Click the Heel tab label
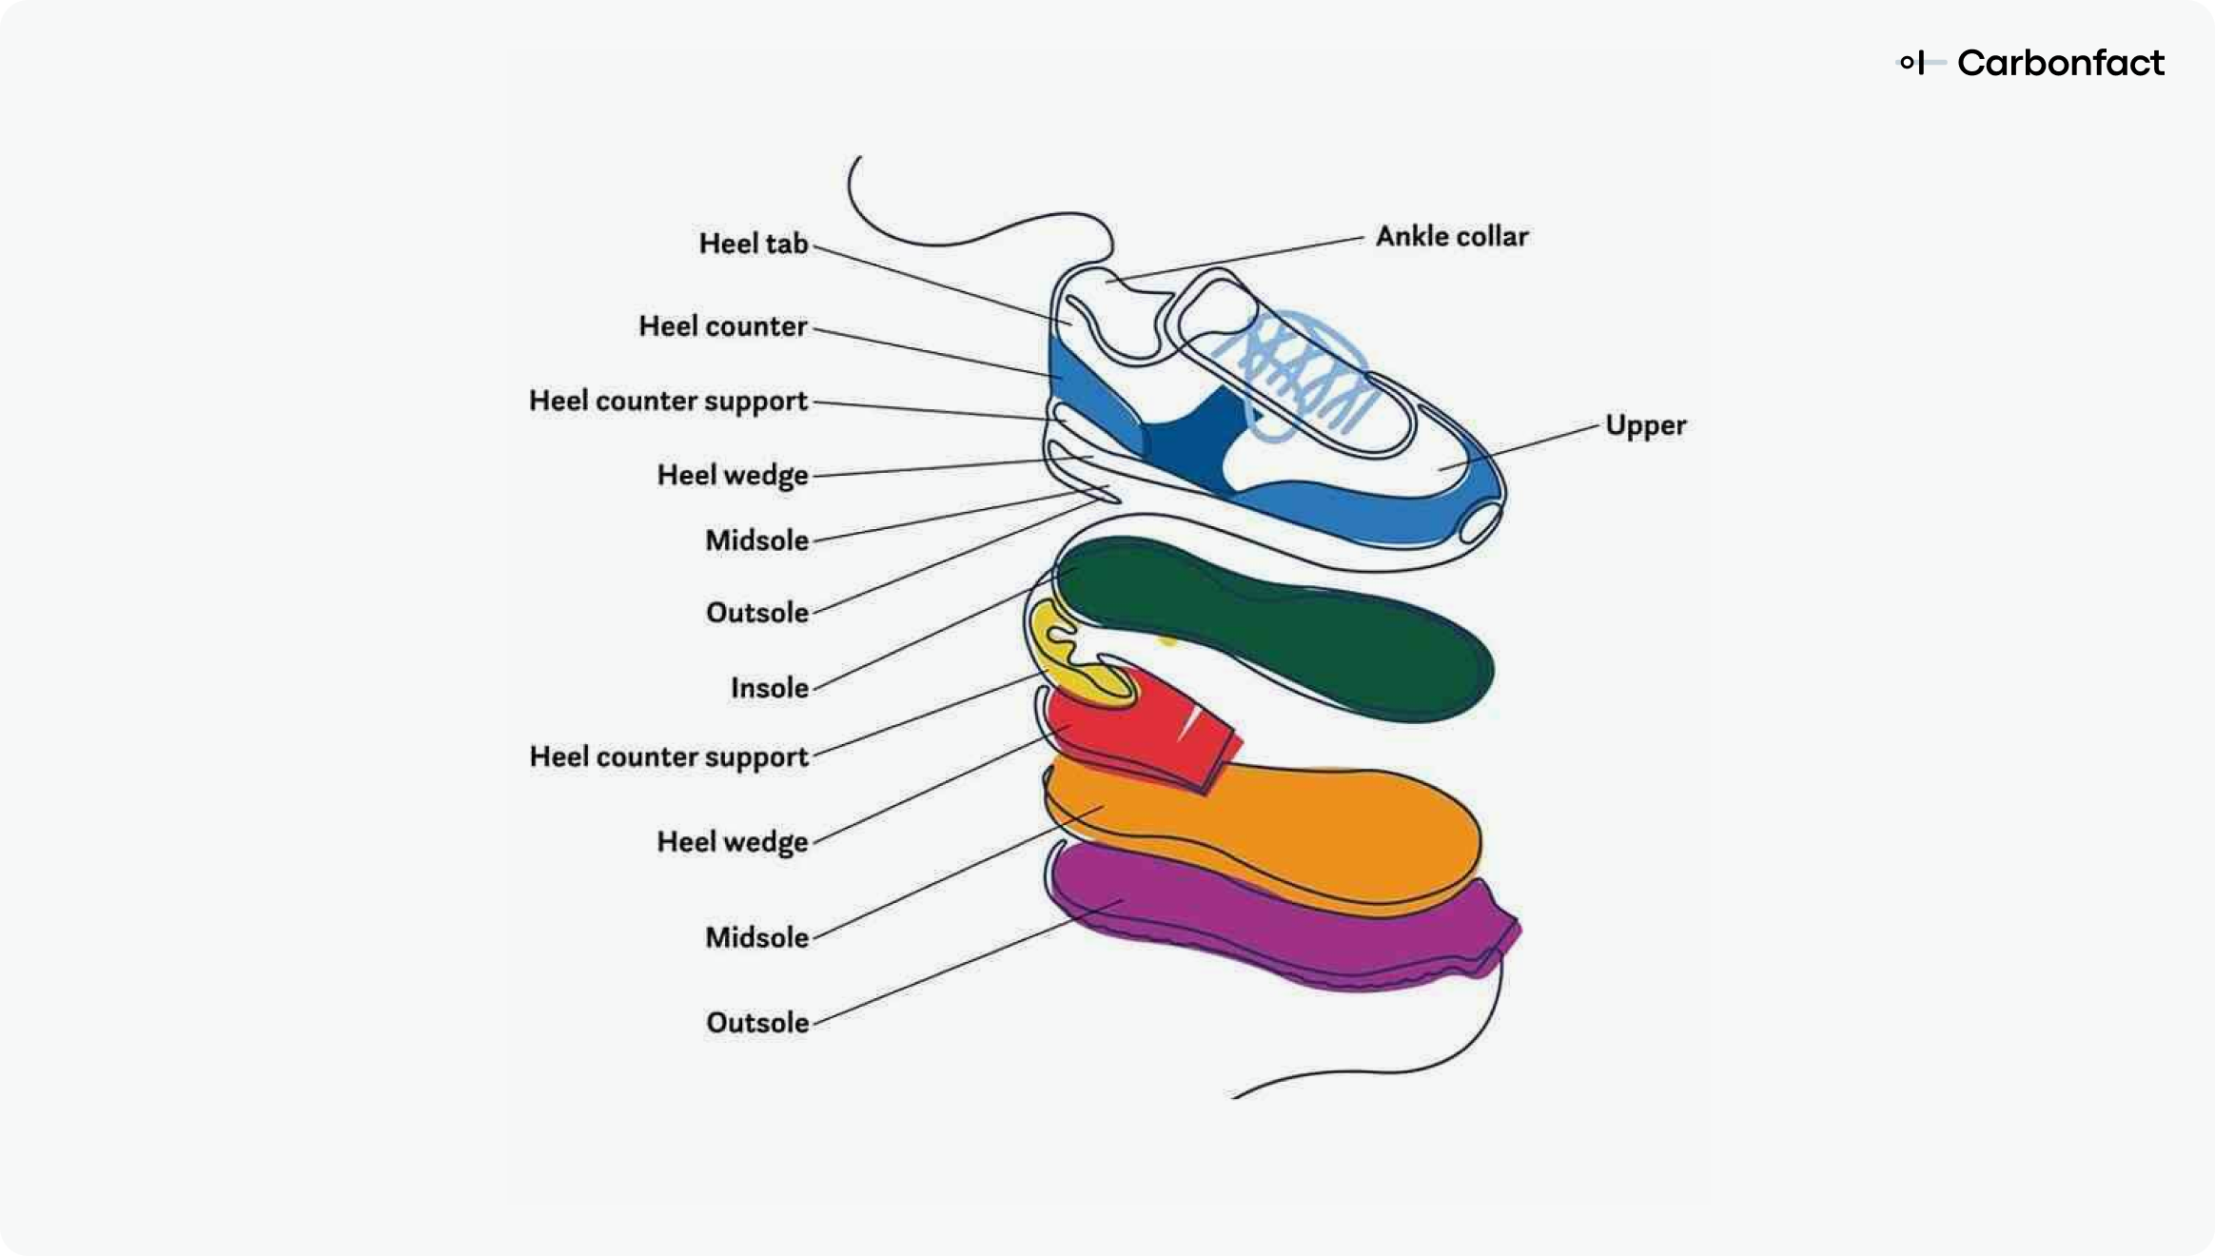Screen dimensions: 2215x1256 754,244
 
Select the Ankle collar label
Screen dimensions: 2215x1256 1452,236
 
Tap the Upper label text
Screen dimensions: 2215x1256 1645,425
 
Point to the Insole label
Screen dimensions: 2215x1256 769,687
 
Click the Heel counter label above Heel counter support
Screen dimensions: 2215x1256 722,326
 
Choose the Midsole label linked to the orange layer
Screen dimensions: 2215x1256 756,937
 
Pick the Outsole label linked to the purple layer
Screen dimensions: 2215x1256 757,1022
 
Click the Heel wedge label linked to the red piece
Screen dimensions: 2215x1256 732,843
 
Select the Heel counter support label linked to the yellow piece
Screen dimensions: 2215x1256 668,757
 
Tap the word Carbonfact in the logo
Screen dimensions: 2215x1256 2060,63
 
